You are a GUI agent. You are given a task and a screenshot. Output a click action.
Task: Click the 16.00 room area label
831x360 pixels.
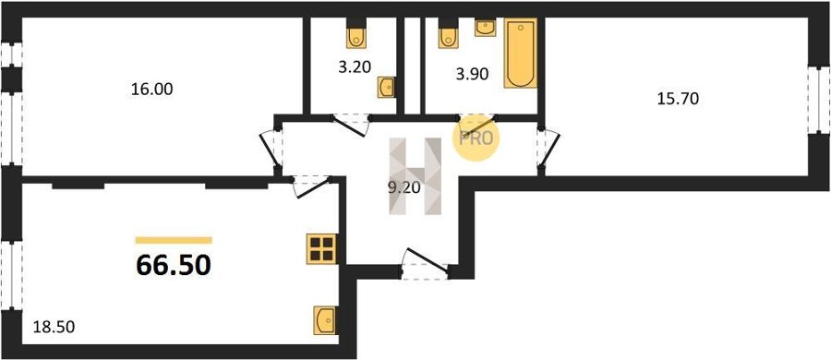(152, 90)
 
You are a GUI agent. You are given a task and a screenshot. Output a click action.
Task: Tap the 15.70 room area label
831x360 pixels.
(679, 99)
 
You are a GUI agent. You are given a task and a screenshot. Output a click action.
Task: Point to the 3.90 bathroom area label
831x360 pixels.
(472, 75)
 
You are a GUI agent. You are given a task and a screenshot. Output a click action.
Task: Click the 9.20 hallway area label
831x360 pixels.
(405, 188)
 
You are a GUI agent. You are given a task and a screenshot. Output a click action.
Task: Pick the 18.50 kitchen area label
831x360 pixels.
(54, 327)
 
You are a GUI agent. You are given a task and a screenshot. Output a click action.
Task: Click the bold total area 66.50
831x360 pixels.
(174, 265)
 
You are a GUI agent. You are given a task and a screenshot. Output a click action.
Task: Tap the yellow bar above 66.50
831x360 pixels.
(174, 240)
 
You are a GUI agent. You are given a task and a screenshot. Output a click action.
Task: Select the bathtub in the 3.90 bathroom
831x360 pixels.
(521, 53)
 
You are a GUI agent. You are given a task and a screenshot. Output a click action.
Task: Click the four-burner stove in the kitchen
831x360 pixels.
(322, 249)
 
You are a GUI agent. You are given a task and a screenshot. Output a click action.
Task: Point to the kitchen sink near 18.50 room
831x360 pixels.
(325, 320)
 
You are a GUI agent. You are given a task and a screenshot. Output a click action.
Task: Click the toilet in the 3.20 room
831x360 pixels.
(356, 34)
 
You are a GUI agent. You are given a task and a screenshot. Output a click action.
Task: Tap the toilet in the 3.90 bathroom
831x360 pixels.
(449, 34)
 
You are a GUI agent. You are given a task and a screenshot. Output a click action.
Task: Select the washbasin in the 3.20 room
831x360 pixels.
(386, 87)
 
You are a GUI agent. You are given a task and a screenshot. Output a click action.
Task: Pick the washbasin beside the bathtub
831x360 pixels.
(485, 28)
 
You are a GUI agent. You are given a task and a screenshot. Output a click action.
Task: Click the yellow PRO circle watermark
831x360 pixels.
(476, 138)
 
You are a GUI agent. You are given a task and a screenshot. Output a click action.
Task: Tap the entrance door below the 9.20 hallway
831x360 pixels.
(426, 263)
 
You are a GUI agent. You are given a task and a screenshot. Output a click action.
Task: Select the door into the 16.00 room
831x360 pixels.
(271, 148)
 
